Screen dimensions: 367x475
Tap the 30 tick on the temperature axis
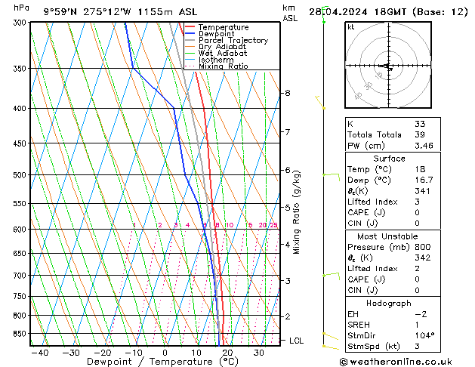click(x=258, y=353)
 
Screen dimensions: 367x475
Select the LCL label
click(x=297, y=341)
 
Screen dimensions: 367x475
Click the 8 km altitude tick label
click(x=287, y=93)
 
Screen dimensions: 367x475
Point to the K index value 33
click(x=420, y=124)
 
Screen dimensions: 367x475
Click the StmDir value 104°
click(x=424, y=335)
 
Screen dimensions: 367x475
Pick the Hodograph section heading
click(x=399, y=303)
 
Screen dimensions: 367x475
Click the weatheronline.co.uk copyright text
click(x=405, y=362)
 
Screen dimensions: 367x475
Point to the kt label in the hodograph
click(x=351, y=27)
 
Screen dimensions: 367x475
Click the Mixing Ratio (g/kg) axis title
click(x=297, y=212)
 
